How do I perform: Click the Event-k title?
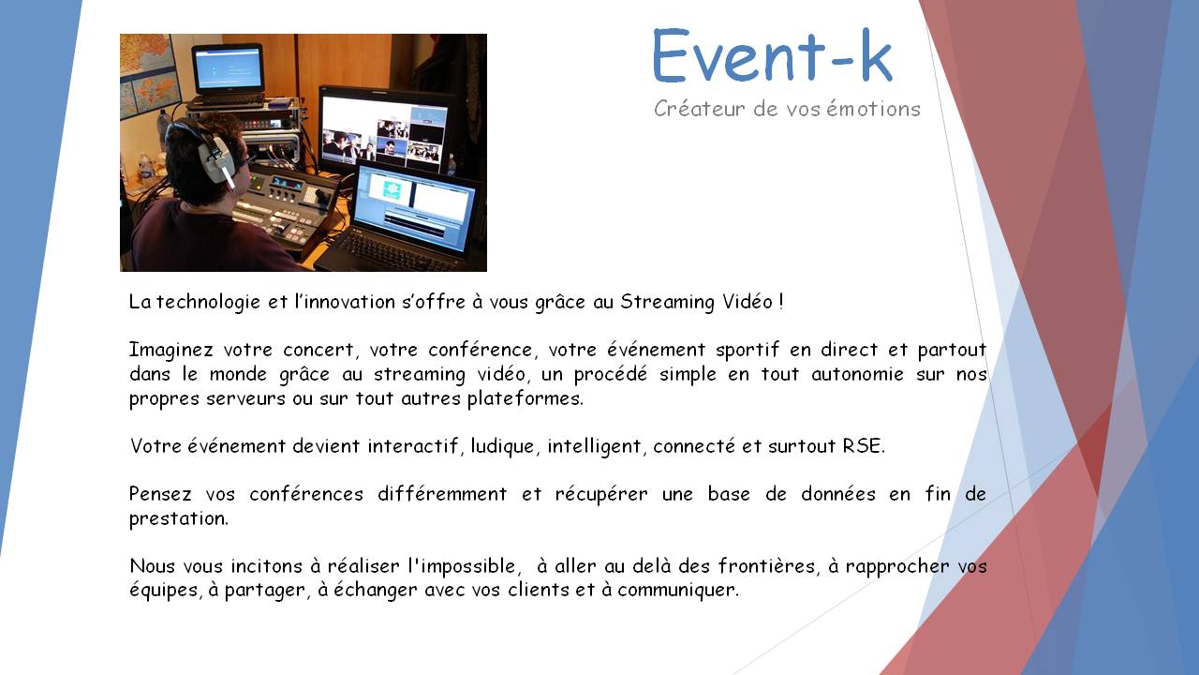773,55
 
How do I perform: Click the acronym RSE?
864,445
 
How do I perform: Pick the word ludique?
503,446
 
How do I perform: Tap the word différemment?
442,493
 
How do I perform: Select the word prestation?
179,518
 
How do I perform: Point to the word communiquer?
678,590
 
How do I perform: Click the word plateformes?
525,398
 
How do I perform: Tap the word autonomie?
857,374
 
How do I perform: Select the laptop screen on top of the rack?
229,69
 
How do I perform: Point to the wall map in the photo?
145,75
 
